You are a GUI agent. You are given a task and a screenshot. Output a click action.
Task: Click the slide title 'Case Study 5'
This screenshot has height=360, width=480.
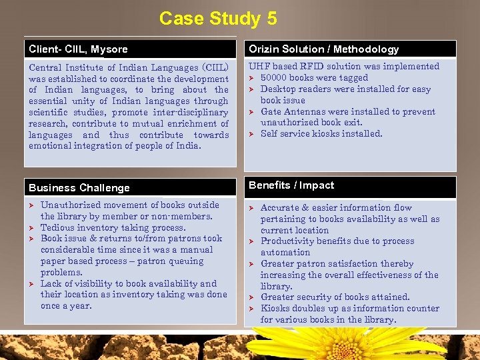click(218, 18)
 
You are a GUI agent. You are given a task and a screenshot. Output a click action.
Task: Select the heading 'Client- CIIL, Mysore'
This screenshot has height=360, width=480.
click(78, 49)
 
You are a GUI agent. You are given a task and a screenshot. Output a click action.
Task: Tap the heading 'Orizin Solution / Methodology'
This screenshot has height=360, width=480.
click(323, 49)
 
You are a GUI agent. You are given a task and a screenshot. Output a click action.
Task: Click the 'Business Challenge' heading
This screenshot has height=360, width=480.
click(79, 188)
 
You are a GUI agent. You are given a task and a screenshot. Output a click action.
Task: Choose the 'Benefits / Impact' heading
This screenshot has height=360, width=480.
click(291, 185)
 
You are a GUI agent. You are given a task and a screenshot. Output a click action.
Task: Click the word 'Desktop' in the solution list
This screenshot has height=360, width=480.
click(279, 89)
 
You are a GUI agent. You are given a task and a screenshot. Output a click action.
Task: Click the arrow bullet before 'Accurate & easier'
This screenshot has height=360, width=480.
click(251, 208)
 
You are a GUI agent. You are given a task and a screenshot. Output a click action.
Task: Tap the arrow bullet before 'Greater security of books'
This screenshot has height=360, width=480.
click(251, 297)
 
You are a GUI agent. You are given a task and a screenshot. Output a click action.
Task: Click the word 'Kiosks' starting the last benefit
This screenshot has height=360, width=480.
click(274, 309)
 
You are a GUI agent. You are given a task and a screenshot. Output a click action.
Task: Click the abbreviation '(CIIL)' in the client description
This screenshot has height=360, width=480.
click(211, 67)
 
